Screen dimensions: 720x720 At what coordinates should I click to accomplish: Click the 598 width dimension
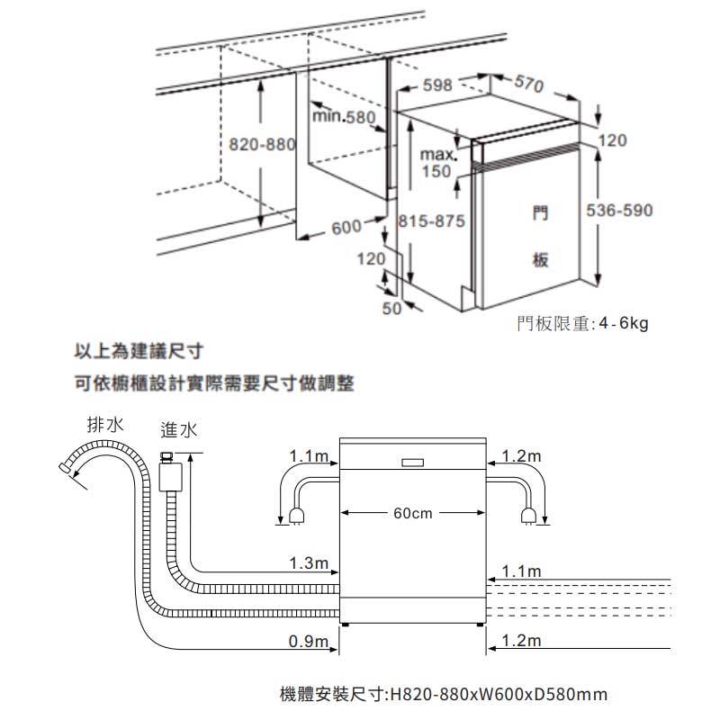pyautogui.click(x=437, y=85)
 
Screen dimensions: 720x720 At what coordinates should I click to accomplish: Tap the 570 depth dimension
pyautogui.click(x=528, y=86)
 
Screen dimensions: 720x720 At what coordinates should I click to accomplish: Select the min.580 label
pyautogui.click(x=343, y=117)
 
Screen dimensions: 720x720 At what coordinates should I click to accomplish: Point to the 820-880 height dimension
pyautogui.click(x=260, y=146)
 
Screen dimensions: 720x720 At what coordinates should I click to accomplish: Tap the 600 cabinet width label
pyautogui.click(x=346, y=227)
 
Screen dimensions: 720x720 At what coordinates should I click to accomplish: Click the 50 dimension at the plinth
pyautogui.click(x=391, y=309)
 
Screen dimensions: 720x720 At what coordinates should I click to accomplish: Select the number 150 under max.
pyautogui.click(x=436, y=171)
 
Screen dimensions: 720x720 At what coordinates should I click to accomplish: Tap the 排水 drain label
pyautogui.click(x=105, y=424)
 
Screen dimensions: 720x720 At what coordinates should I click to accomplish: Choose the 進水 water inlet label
pyautogui.click(x=176, y=429)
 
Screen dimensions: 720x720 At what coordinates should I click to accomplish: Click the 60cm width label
pyautogui.click(x=413, y=513)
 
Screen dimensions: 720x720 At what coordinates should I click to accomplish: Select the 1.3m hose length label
pyautogui.click(x=307, y=564)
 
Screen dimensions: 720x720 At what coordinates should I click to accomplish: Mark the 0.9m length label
pyautogui.click(x=307, y=642)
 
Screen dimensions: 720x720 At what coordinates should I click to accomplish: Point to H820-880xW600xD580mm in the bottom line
pyautogui.click(x=499, y=695)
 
